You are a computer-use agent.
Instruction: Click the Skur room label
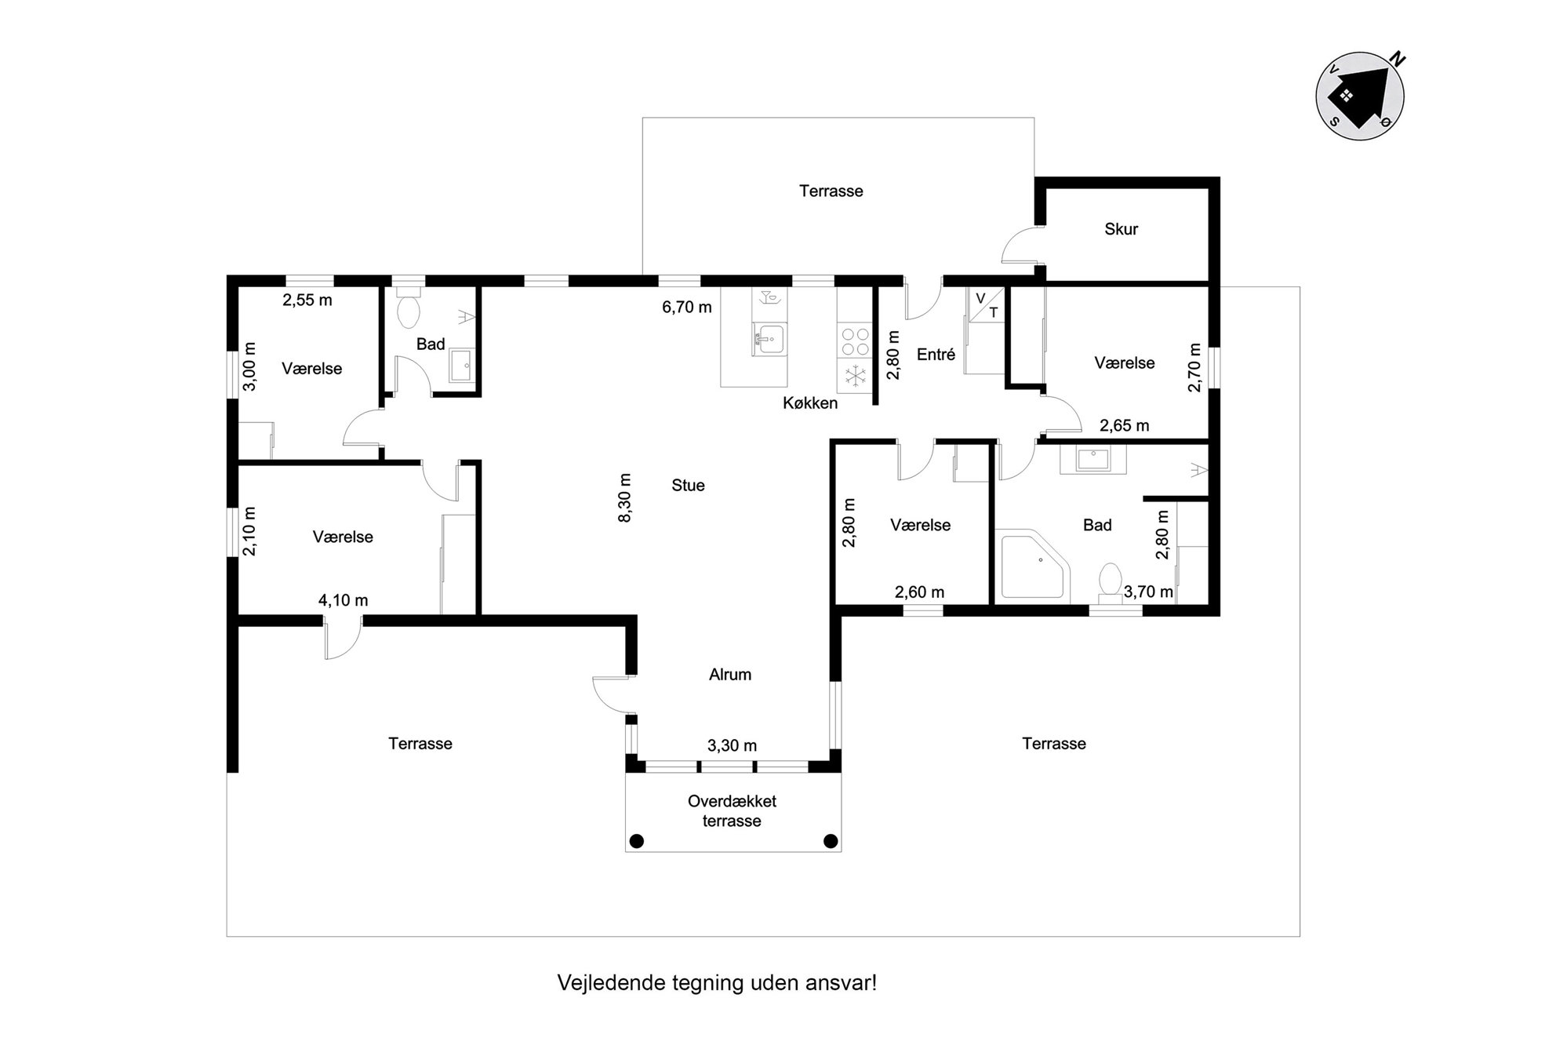pyautogui.click(x=1121, y=229)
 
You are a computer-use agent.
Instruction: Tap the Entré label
pyautogui.click(x=936, y=355)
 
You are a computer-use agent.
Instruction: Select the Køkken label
pyautogui.click(x=810, y=403)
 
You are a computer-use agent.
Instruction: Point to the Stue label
pyautogui.click(x=688, y=486)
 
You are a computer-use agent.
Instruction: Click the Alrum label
pyautogui.click(x=730, y=675)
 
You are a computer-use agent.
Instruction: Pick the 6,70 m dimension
pyautogui.click(x=687, y=308)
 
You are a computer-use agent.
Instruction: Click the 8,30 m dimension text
pyautogui.click(x=625, y=497)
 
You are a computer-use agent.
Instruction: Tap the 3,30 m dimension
pyautogui.click(x=732, y=745)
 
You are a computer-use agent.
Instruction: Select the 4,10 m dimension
pyautogui.click(x=343, y=600)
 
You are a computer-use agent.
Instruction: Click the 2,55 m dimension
pyautogui.click(x=307, y=300)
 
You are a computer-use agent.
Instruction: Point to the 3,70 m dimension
pyautogui.click(x=1148, y=592)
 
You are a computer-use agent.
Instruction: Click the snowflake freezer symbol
pyautogui.click(x=854, y=377)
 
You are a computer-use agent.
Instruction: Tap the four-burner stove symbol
pyautogui.click(x=854, y=342)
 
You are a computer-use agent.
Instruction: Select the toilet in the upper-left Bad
pyautogui.click(x=409, y=308)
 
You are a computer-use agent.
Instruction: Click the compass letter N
pyautogui.click(x=1397, y=58)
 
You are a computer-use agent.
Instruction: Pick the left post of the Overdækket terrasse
pyautogui.click(x=637, y=841)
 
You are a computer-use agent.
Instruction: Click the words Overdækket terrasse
pyautogui.click(x=732, y=811)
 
